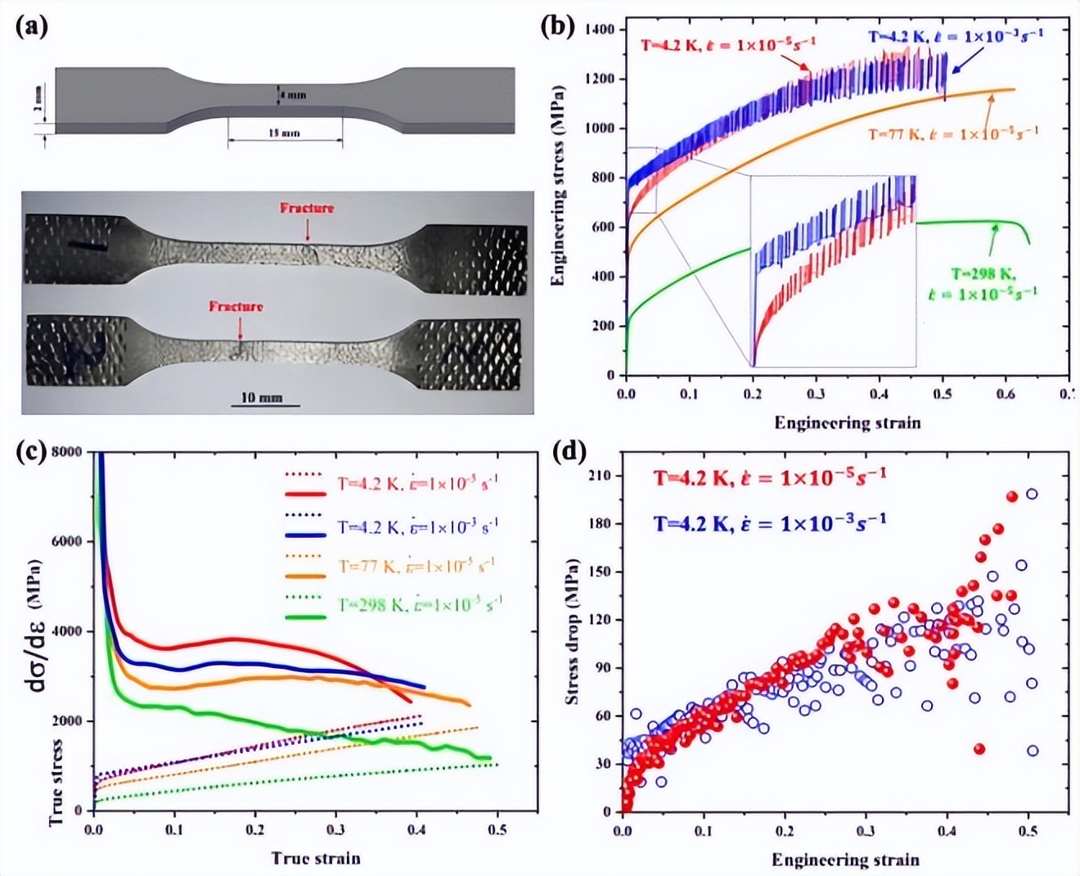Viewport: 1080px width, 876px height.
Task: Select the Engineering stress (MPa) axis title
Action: (559, 185)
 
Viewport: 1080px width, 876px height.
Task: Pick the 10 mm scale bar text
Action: (261, 397)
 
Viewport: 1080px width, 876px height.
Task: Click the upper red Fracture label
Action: (307, 208)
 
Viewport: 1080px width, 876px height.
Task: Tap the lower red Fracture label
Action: (236, 306)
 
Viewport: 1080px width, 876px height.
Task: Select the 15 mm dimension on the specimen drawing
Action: (284, 133)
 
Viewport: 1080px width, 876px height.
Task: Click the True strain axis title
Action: (315, 858)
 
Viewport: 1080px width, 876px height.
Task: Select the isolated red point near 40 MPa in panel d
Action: (979, 748)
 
